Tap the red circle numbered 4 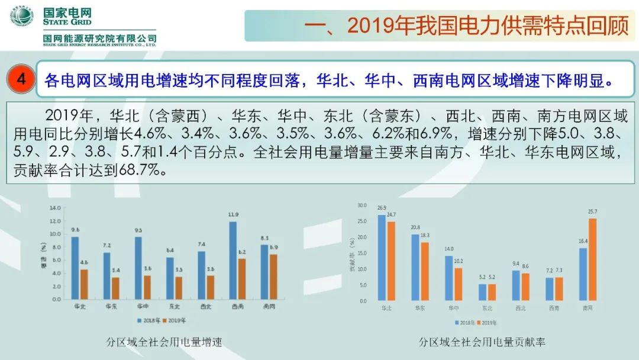pos(21,79)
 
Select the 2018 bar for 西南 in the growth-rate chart pos(233,260)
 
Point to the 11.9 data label pos(234,214)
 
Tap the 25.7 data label pos(592,211)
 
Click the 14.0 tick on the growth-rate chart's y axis pos(55,208)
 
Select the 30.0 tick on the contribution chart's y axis pos(362,205)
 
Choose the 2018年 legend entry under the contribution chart pos(466,323)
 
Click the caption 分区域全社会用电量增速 pos(164,342)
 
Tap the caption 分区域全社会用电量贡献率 pos(482,342)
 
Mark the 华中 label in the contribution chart pos(454,308)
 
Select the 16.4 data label pos(583,242)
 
